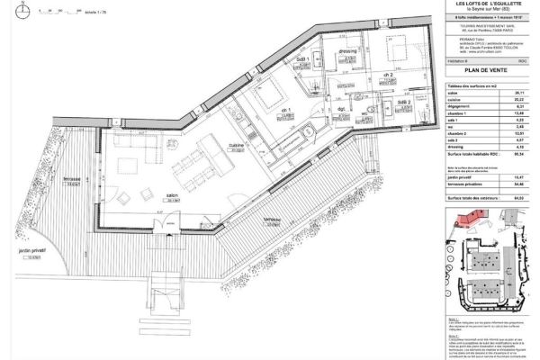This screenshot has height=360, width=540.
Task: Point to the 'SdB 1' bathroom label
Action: tap(303, 59)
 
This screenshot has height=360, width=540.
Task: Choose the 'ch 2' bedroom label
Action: tap(386, 74)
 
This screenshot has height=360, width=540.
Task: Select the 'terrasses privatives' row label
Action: tap(465, 184)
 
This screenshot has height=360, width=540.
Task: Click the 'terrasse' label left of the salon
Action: tap(73, 179)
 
